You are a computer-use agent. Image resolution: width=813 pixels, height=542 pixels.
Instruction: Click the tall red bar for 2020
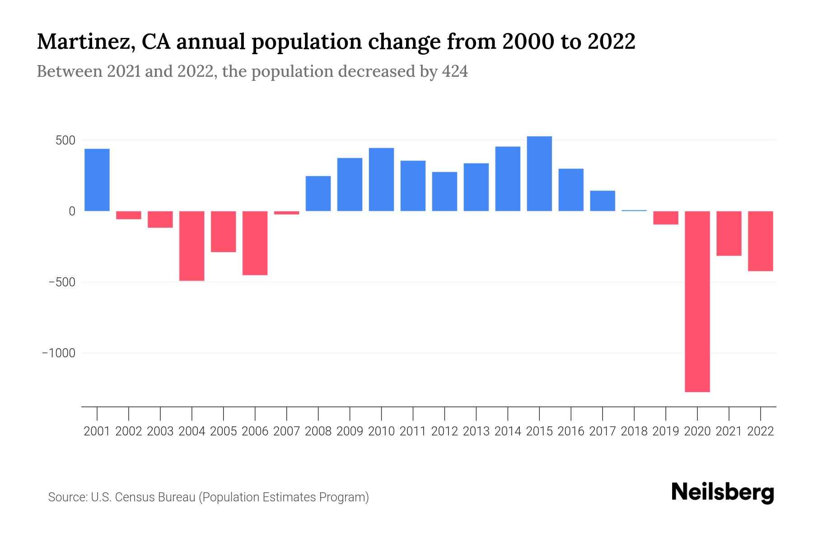pos(697,301)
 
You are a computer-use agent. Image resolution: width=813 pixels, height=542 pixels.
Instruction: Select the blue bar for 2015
pos(539,173)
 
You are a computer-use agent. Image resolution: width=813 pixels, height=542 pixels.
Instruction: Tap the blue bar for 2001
pos(97,180)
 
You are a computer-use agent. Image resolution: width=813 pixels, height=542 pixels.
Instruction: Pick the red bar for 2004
pos(192,246)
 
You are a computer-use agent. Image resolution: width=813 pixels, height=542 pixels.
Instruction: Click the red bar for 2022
pos(761,241)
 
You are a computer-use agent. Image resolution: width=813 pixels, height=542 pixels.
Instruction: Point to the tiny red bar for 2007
pos(287,213)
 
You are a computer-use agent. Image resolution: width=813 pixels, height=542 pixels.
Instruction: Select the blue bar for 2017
pos(603,201)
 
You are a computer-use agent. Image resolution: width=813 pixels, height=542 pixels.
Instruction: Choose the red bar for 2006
pos(255,243)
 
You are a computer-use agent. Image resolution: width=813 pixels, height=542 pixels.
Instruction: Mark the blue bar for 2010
pos(381,179)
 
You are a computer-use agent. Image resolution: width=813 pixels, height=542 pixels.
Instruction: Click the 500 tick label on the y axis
pos(65,140)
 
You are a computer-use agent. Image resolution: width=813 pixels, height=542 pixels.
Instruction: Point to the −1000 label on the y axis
pos(59,353)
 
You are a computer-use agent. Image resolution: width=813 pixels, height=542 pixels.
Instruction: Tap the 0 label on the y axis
pos(72,211)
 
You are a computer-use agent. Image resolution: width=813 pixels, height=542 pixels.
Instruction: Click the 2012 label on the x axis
pos(444,431)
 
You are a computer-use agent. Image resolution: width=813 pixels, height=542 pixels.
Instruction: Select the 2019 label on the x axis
pos(666,431)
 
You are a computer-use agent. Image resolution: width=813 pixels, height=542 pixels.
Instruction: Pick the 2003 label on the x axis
pos(160,431)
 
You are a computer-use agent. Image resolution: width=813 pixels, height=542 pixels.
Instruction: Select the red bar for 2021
pos(729,234)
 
